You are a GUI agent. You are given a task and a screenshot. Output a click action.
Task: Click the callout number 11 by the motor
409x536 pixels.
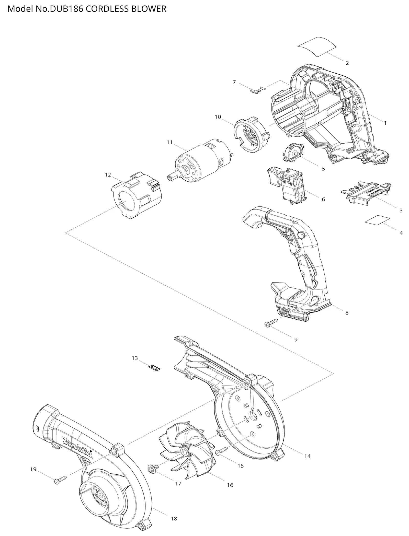point(170,142)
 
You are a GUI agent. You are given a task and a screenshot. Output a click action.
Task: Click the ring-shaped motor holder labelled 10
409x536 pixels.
point(252,135)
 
